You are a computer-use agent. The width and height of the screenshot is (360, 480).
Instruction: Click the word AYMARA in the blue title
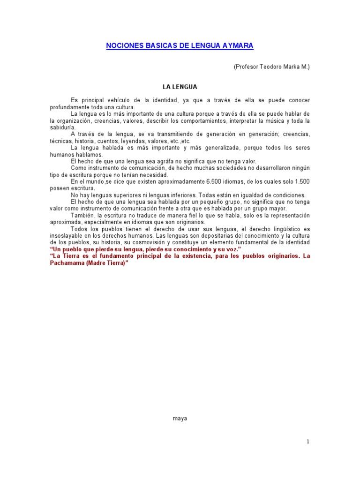pos(237,45)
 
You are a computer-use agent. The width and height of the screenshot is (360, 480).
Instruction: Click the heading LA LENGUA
pos(180,87)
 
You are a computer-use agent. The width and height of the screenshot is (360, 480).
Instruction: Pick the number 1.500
pos(300,181)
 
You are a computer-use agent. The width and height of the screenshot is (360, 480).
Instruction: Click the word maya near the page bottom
pos(180,419)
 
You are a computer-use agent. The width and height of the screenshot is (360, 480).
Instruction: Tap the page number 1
pos(308,441)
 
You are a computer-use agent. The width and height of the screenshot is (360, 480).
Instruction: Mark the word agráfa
pos(158,161)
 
